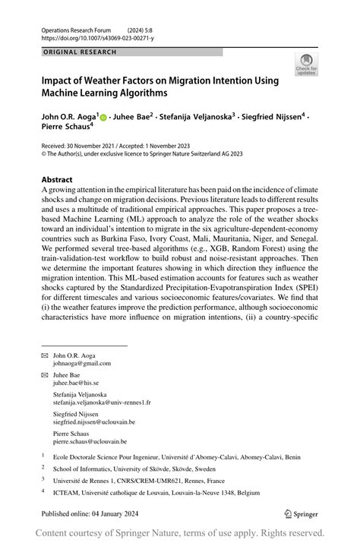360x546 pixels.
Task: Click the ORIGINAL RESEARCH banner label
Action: point(80,52)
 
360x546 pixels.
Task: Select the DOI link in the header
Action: point(97,37)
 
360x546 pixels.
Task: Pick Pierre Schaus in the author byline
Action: point(70,130)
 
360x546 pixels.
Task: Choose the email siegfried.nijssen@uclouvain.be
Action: point(93,421)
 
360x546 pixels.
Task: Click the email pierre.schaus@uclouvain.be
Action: point(90,441)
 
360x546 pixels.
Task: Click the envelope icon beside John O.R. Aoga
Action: point(45,355)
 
